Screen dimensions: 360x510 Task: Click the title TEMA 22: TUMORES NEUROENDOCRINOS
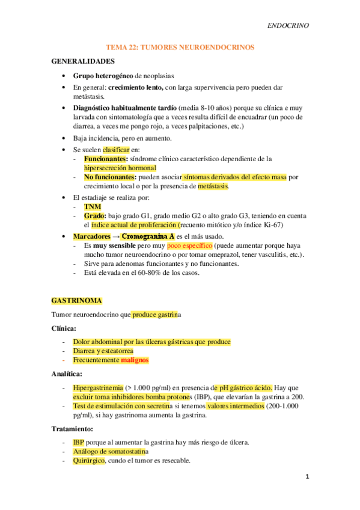click(x=180, y=46)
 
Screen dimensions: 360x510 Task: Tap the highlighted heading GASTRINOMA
click(x=76, y=300)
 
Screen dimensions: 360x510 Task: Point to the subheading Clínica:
click(x=64, y=328)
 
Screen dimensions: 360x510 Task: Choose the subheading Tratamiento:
click(x=72, y=429)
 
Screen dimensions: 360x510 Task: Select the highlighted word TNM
click(x=93, y=206)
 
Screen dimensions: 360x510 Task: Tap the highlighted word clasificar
click(x=116, y=149)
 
